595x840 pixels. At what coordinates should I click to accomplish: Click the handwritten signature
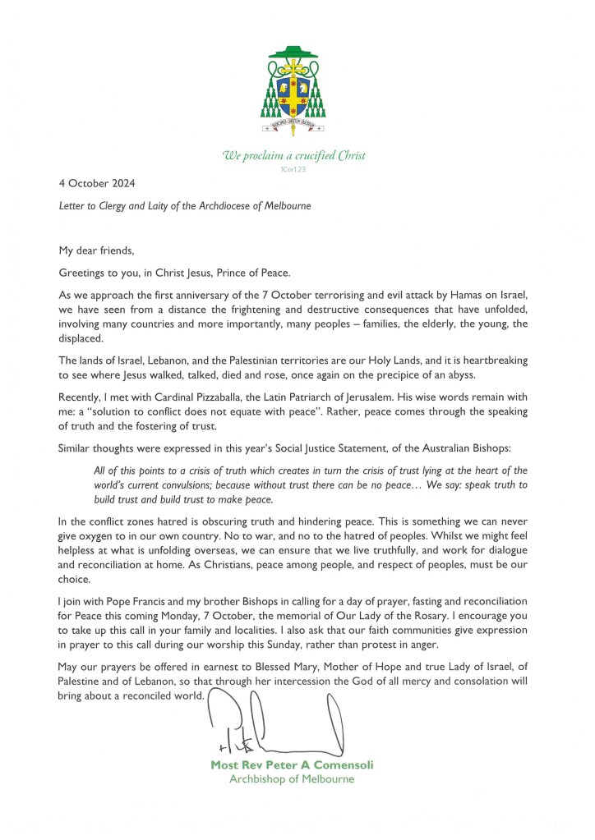pyautogui.click(x=271, y=723)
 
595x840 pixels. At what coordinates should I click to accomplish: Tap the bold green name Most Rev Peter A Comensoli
pyautogui.click(x=292, y=765)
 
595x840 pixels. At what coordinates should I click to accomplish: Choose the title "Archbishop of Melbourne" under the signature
pyautogui.click(x=292, y=779)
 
